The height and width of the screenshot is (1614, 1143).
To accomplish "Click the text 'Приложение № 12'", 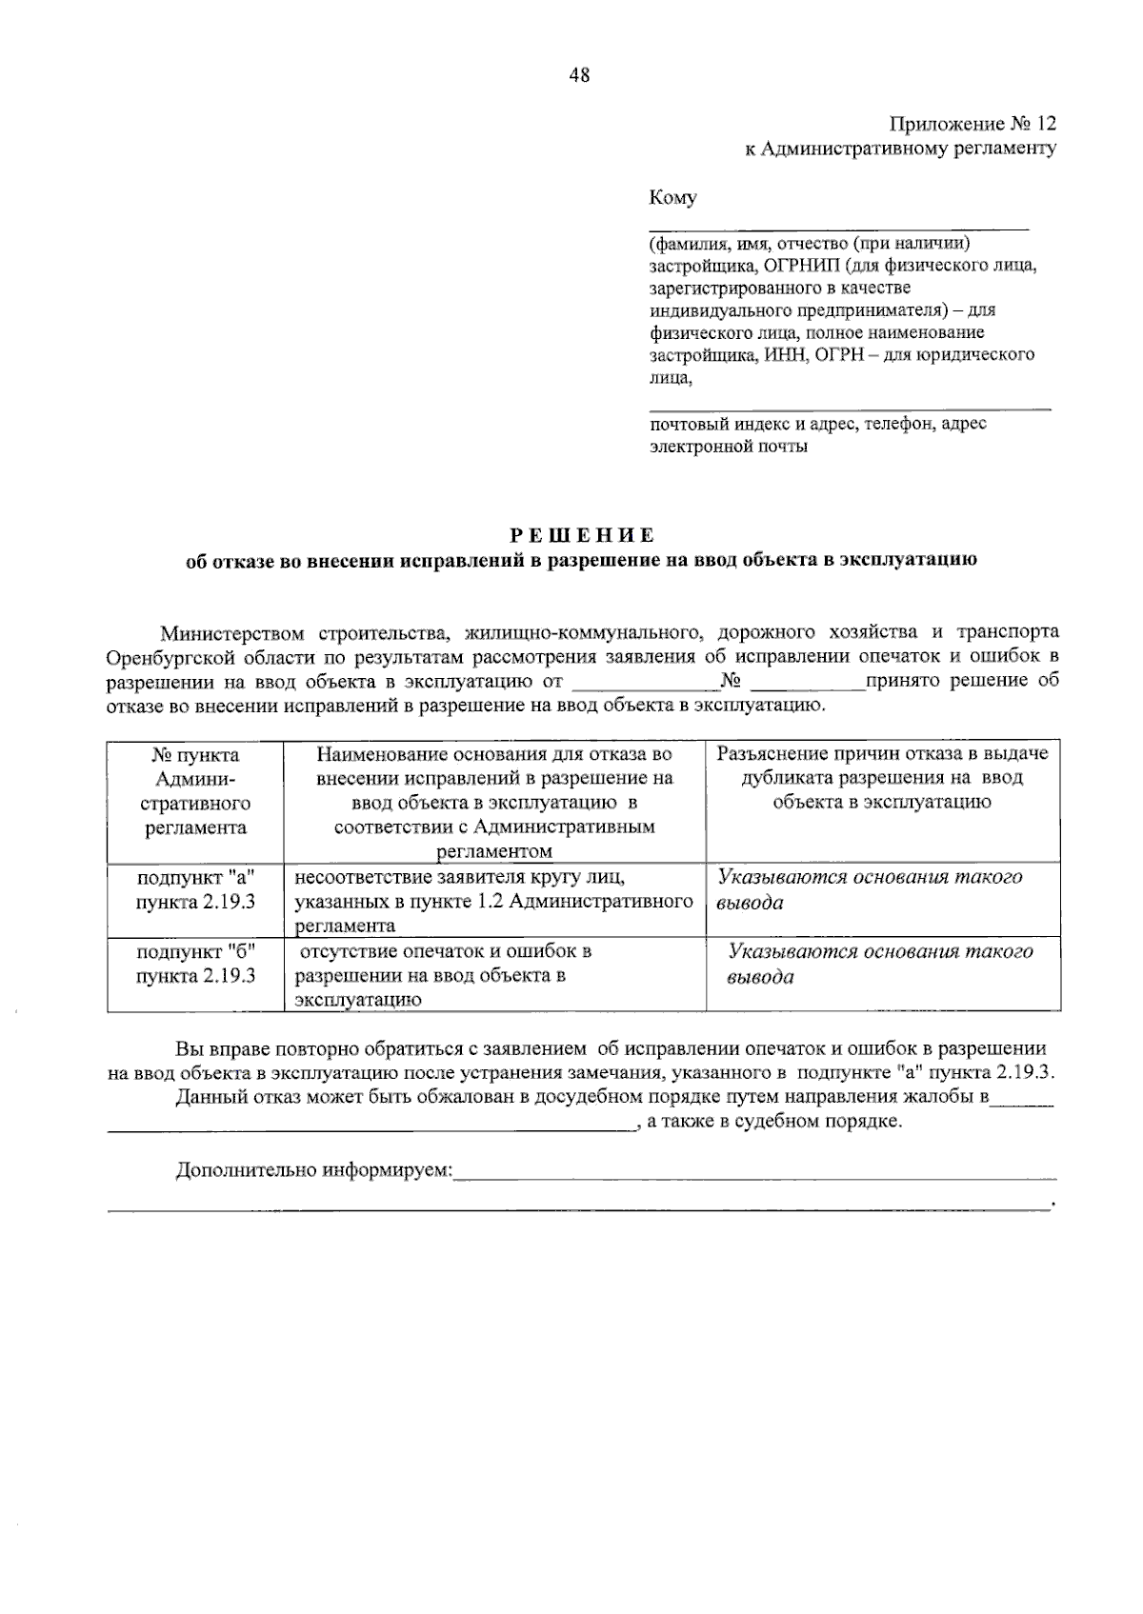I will pos(973,125).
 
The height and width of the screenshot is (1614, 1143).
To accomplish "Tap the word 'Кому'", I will pos(672,198).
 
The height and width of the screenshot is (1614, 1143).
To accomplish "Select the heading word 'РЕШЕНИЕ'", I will pos(581,534).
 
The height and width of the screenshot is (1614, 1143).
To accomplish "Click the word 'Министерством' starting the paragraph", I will pos(233,633).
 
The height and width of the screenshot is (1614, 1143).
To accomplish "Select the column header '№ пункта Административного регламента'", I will pos(195,791).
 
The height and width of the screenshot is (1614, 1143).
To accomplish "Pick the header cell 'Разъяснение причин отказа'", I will pos(882,778).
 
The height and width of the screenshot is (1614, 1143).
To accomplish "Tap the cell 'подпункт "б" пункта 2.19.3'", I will pos(195,963).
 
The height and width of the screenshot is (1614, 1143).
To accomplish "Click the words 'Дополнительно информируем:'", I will pos(314,1170).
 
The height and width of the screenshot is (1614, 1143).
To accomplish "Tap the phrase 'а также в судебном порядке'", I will pos(772,1122).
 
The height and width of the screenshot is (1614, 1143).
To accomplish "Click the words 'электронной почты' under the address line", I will pos(729,447).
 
